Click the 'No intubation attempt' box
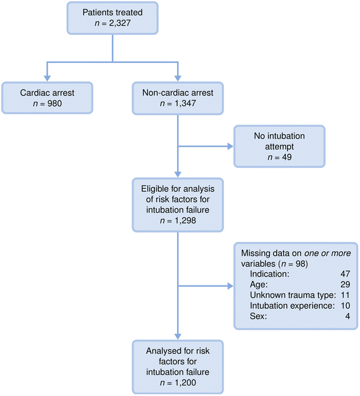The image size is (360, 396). (279, 146)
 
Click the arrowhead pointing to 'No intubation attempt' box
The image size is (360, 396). (230, 147)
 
